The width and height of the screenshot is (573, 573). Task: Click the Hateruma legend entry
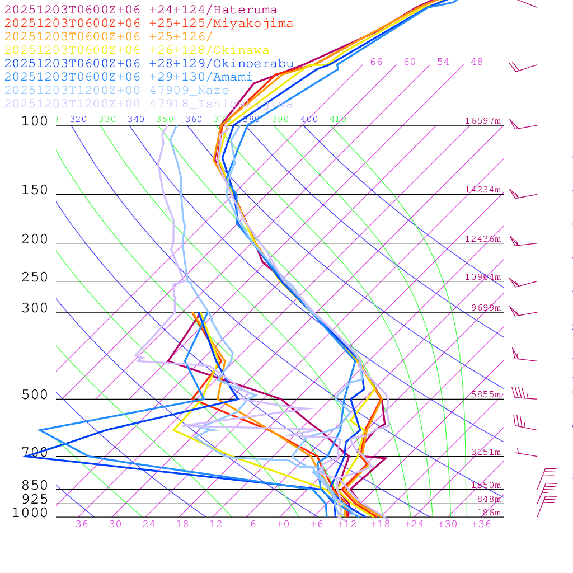click(140, 10)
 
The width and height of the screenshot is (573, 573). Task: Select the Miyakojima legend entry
click(148, 24)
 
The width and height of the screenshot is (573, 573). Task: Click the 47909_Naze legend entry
click(116, 91)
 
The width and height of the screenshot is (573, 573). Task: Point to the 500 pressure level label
click(35, 395)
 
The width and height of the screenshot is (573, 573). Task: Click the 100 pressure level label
click(35, 121)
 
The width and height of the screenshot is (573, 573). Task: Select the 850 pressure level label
click(35, 486)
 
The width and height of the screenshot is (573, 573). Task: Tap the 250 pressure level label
click(35, 278)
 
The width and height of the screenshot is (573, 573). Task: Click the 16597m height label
click(483, 121)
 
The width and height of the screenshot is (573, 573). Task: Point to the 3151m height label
click(486, 452)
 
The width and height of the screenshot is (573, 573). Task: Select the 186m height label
click(489, 513)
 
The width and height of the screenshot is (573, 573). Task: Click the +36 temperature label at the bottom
click(481, 524)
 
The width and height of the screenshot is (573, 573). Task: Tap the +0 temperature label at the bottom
click(283, 524)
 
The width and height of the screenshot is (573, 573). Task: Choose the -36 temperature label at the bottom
click(78, 524)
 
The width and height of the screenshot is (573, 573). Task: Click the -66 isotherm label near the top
click(373, 62)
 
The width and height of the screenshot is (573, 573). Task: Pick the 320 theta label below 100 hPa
click(78, 119)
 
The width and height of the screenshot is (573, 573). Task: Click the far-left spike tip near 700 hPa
click(24, 456)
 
